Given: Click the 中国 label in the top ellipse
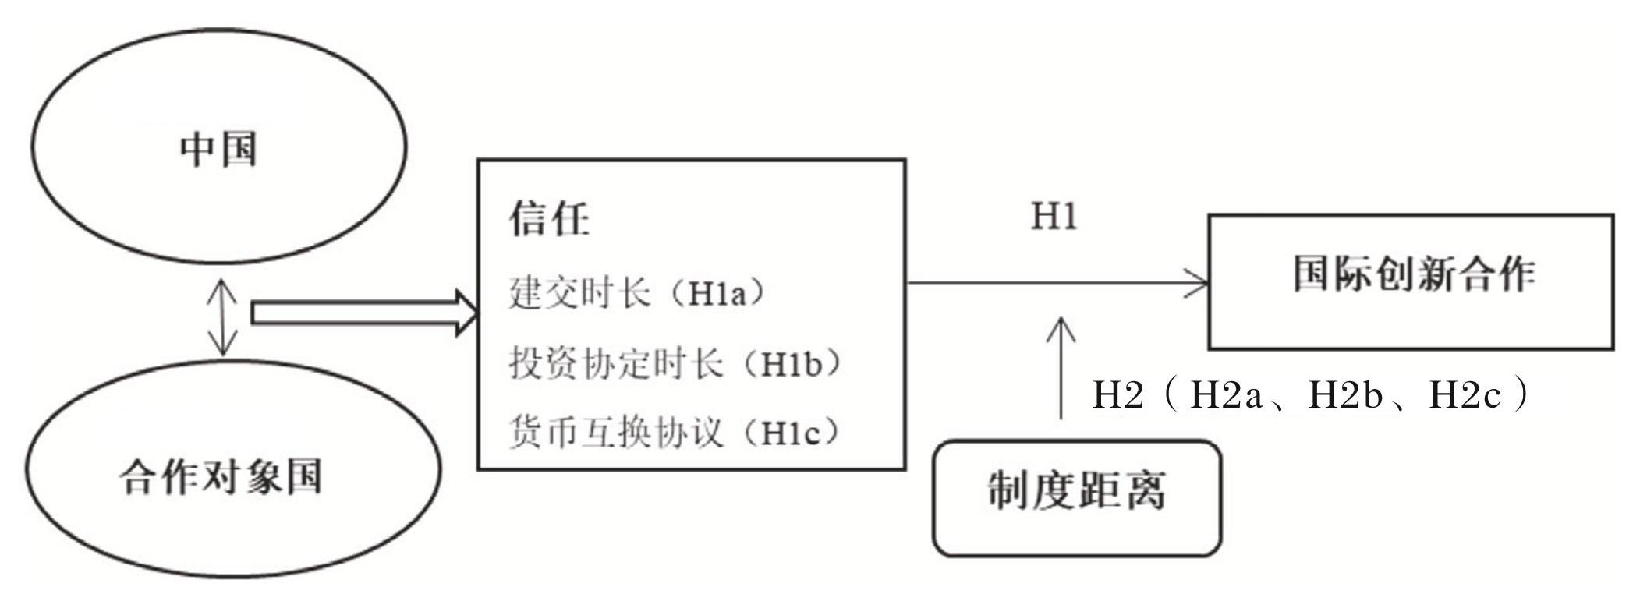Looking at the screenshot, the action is [x=218, y=149].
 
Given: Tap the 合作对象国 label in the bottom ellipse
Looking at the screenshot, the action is [x=221, y=476].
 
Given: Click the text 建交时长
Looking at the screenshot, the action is [x=579, y=293].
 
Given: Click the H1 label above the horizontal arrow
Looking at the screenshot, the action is [x=1054, y=216].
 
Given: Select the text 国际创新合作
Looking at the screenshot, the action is [x=1414, y=274].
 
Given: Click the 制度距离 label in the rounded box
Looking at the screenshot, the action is [x=1077, y=492].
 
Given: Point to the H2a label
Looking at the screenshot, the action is [x=1225, y=395].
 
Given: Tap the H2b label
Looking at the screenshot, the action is [x=1345, y=395].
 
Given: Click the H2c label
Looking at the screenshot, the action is [x=1465, y=395].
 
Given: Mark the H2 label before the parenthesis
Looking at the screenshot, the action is [x=1117, y=395].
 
